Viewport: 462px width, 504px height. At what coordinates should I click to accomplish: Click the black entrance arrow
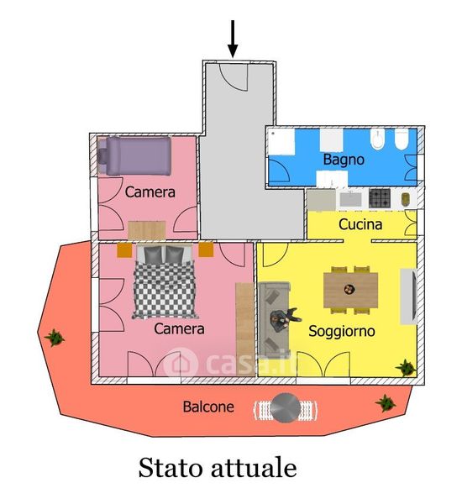233,39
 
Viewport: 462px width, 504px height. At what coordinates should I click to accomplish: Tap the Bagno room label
344,160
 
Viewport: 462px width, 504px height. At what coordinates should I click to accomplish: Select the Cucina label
360,224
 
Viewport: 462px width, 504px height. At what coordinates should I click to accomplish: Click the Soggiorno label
341,332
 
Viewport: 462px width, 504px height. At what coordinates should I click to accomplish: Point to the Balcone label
208,407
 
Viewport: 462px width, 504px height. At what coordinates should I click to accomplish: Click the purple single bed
134,156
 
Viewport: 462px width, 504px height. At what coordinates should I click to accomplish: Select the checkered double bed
165,281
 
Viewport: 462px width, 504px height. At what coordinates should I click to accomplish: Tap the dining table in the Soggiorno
350,290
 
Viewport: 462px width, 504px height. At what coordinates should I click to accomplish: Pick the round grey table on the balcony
285,408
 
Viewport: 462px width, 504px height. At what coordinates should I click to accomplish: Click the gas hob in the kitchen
380,198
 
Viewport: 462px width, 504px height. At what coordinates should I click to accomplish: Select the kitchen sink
350,199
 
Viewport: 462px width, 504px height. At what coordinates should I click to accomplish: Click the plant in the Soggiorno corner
406,367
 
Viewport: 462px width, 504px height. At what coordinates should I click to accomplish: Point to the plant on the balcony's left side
55,338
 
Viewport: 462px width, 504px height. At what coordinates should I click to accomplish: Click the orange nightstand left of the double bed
124,250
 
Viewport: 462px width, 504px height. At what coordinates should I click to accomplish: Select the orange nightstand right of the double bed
206,249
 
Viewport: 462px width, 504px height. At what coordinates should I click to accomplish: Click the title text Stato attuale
218,468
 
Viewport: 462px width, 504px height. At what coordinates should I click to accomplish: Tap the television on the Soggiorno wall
408,297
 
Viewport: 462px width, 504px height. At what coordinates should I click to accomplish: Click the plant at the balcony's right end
386,402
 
